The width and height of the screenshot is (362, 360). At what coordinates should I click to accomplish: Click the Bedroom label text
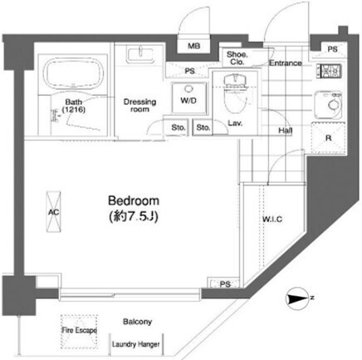[134, 200]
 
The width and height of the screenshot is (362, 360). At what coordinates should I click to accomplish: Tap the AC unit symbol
[53, 212]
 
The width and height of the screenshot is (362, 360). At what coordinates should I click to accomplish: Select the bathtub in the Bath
[74, 72]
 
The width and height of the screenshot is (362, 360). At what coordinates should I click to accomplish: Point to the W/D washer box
[188, 98]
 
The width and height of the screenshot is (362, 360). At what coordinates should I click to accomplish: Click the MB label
[193, 46]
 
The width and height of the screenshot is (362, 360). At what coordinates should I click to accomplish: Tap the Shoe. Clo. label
[237, 58]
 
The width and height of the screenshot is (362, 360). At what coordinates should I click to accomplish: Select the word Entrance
[286, 63]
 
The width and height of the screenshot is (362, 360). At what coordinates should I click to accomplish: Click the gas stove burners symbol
[330, 71]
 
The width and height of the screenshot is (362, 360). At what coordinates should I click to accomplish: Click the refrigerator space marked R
[329, 138]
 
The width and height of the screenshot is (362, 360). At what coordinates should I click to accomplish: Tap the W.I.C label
[272, 219]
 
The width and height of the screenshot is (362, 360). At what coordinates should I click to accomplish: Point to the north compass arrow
[297, 298]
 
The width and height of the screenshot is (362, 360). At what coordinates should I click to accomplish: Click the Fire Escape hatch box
[79, 332]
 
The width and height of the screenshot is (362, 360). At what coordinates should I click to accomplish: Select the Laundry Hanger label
[136, 344]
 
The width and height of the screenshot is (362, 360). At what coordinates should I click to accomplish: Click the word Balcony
[138, 322]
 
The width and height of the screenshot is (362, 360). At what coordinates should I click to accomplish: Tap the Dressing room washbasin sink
[140, 55]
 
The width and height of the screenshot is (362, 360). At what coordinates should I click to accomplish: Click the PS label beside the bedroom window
[225, 284]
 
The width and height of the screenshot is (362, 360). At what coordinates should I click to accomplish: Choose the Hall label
[286, 131]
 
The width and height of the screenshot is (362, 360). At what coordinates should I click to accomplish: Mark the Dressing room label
[139, 106]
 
